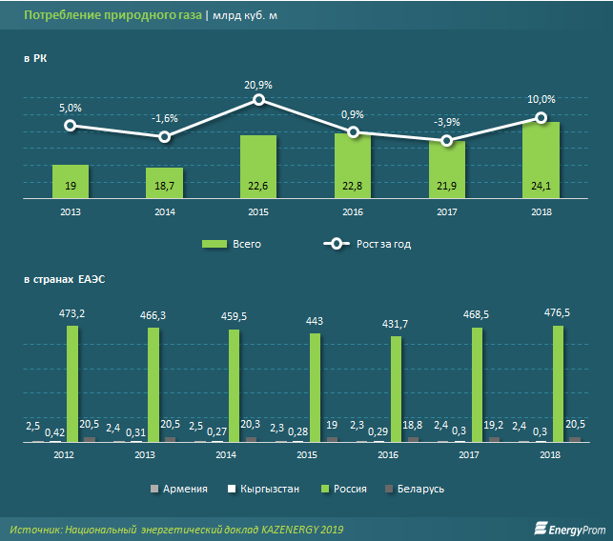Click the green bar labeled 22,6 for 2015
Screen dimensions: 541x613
tap(258, 167)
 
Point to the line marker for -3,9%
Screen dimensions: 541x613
tap(447, 141)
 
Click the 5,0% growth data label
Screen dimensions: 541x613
tap(70, 109)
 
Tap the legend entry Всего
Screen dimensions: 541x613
tap(234, 244)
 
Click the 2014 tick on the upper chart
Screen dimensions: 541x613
tap(164, 211)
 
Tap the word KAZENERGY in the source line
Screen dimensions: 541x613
tap(282, 529)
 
